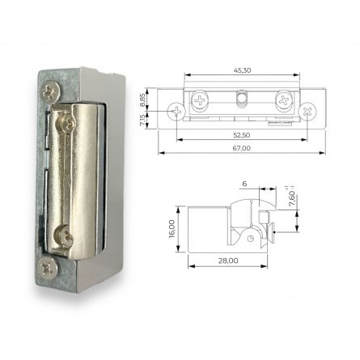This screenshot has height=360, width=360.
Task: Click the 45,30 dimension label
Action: [x=241, y=70]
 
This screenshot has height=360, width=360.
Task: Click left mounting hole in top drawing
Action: [x=176, y=111]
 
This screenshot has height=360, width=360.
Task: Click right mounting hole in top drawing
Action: [x=307, y=111]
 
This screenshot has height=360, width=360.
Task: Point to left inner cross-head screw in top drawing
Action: [x=200, y=101]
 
